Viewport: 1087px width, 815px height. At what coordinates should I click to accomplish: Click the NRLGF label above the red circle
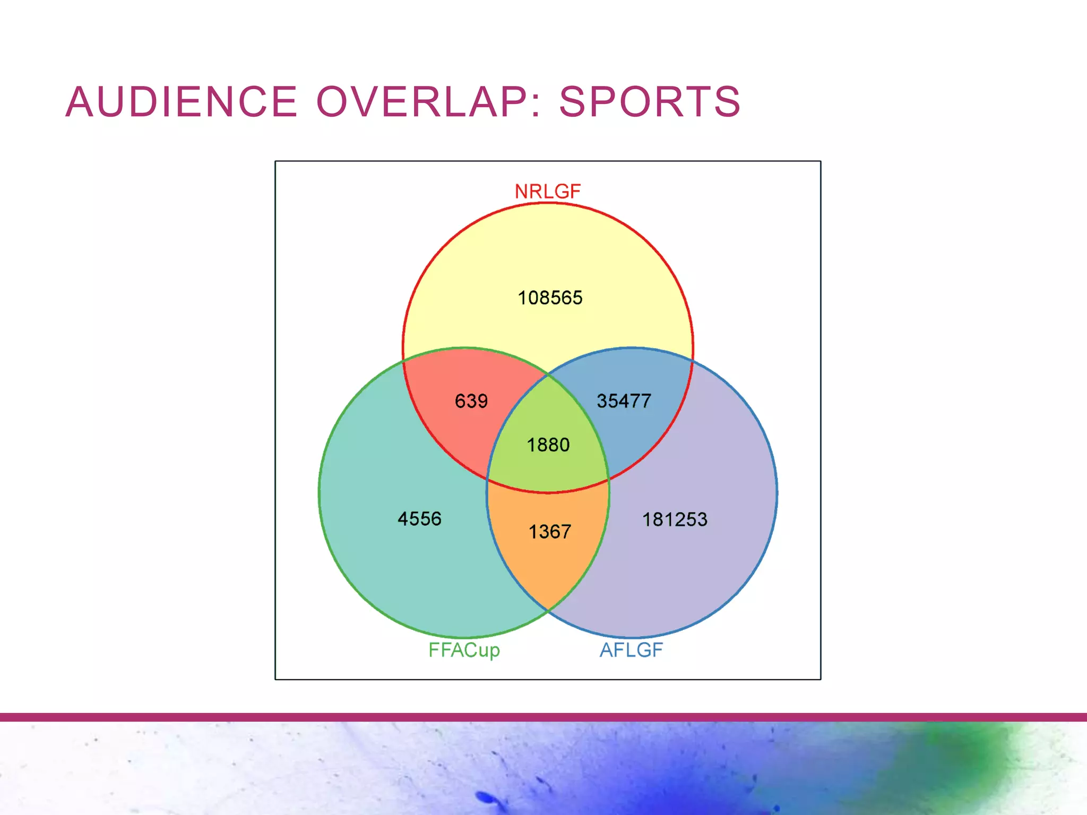[548, 192]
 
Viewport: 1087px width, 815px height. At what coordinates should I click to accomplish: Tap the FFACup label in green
[464, 650]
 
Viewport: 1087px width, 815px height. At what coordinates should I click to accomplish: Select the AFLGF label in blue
[631, 650]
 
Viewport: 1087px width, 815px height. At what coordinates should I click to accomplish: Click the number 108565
[550, 298]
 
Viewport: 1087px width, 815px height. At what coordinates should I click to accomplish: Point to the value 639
[471, 401]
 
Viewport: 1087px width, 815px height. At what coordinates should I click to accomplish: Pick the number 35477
[624, 401]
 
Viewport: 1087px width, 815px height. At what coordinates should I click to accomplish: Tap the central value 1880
[548, 445]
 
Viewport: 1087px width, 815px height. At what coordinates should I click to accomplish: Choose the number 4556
[419, 519]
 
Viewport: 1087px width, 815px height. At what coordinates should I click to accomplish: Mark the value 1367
[549, 532]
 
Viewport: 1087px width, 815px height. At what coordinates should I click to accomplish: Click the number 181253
[675, 519]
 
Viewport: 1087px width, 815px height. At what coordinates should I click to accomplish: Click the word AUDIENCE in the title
[181, 101]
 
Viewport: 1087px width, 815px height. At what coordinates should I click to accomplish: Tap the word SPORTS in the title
[650, 101]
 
